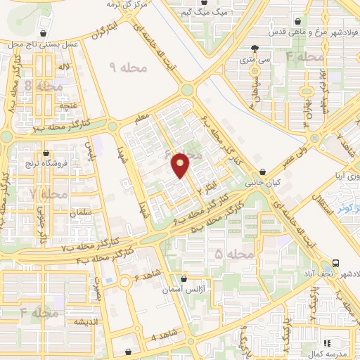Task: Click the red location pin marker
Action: pyautogui.click(x=181, y=165)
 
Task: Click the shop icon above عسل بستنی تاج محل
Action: pyautogui.click(x=44, y=33)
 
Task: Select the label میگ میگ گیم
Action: pyautogui.click(x=195, y=13)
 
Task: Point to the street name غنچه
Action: pyautogui.click(x=68, y=105)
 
